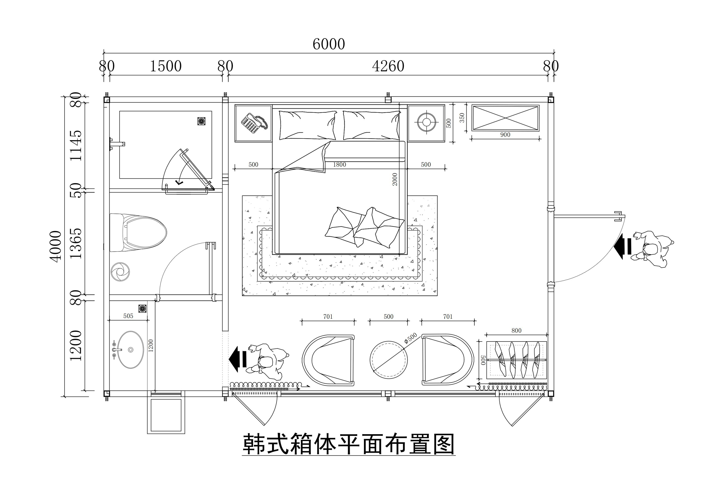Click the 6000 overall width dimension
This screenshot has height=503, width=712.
(328, 44)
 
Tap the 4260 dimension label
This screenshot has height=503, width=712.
(388, 66)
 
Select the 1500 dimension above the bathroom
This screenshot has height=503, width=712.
(166, 66)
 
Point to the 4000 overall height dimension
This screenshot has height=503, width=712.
(56, 246)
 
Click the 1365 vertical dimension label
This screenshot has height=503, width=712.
(76, 243)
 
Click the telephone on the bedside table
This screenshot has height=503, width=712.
(254, 124)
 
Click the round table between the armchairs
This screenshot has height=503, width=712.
(389, 360)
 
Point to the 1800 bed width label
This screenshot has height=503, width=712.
(339, 165)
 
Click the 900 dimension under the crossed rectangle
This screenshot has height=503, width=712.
(505, 135)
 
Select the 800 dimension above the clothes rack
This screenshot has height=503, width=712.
(516, 331)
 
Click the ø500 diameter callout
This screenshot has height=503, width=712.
(411, 338)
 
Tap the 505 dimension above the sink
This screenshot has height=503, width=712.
(128, 316)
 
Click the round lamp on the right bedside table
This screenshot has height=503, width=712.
(426, 122)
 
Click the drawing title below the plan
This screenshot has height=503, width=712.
(349, 444)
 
